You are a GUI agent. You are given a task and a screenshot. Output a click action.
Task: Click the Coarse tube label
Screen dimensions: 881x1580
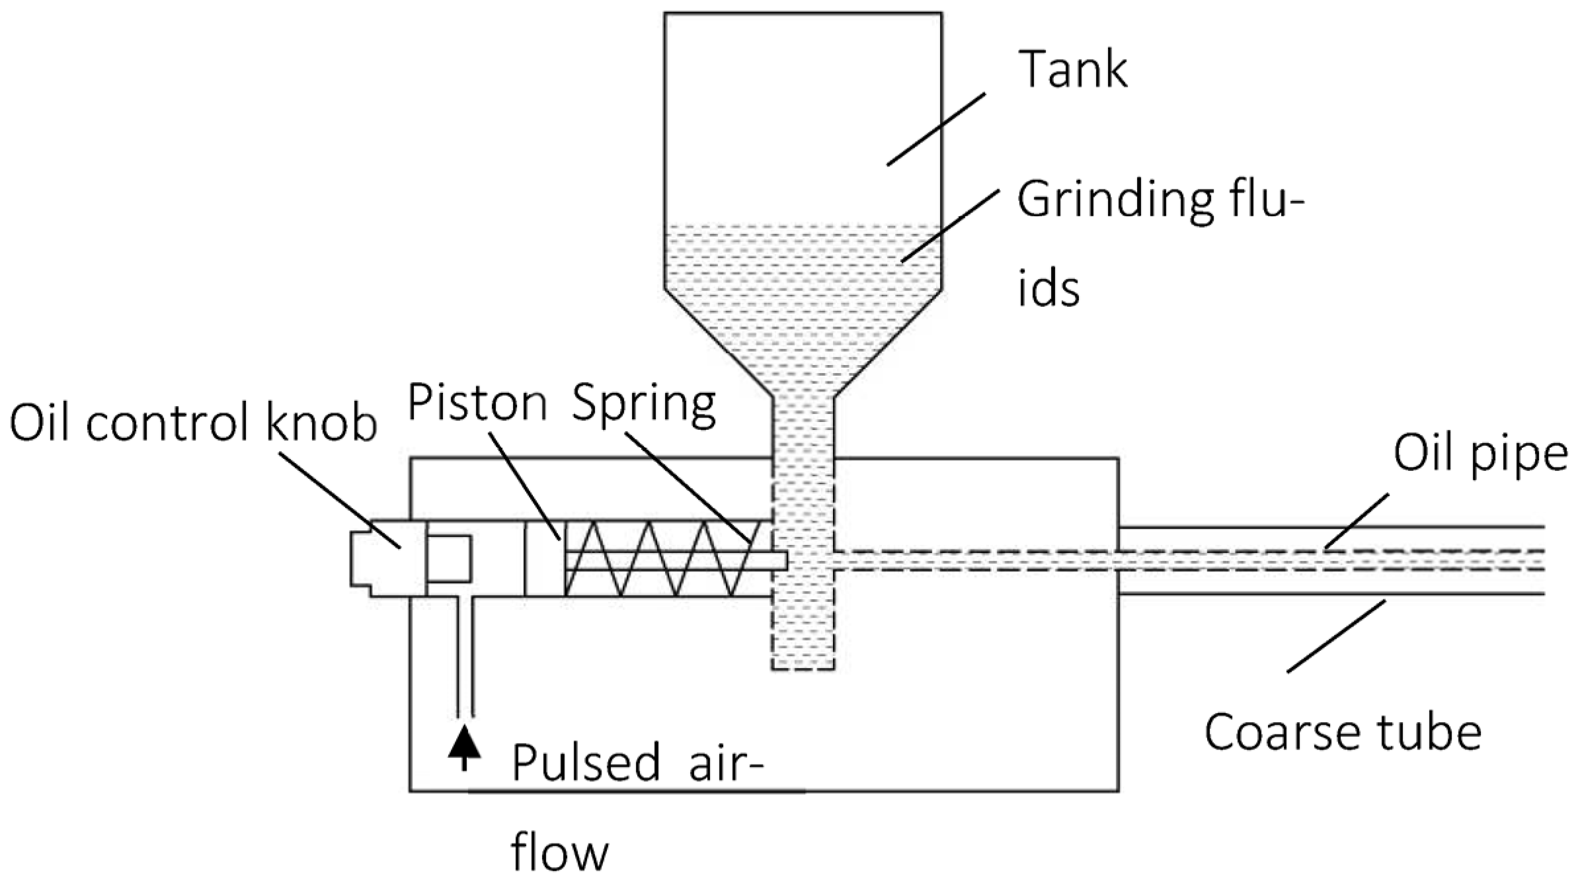coord(1343,732)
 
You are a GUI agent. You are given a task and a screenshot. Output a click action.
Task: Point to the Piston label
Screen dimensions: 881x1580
coord(477,402)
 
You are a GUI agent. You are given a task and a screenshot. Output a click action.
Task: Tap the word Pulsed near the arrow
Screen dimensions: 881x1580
coord(586,763)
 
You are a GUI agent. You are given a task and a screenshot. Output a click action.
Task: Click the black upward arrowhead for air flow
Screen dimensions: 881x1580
coord(464,741)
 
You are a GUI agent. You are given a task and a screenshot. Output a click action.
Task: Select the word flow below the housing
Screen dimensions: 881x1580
coord(559,853)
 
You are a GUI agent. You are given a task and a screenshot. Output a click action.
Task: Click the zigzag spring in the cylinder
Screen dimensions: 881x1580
coord(661,560)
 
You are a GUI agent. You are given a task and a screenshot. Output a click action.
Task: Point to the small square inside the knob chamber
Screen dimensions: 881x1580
coord(449,559)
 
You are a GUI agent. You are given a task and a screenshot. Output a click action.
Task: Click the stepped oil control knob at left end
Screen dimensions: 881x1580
coord(387,559)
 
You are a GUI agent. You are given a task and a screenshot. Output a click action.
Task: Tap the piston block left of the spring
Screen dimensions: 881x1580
coord(545,559)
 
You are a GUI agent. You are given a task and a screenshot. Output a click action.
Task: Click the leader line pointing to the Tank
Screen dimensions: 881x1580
coord(935,129)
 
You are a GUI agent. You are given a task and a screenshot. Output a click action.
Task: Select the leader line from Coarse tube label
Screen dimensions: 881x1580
coord(1335,636)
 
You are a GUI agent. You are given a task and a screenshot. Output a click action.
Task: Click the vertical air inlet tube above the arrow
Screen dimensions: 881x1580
coord(465,655)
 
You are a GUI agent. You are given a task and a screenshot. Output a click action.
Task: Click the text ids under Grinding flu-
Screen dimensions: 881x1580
coord(1048,289)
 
